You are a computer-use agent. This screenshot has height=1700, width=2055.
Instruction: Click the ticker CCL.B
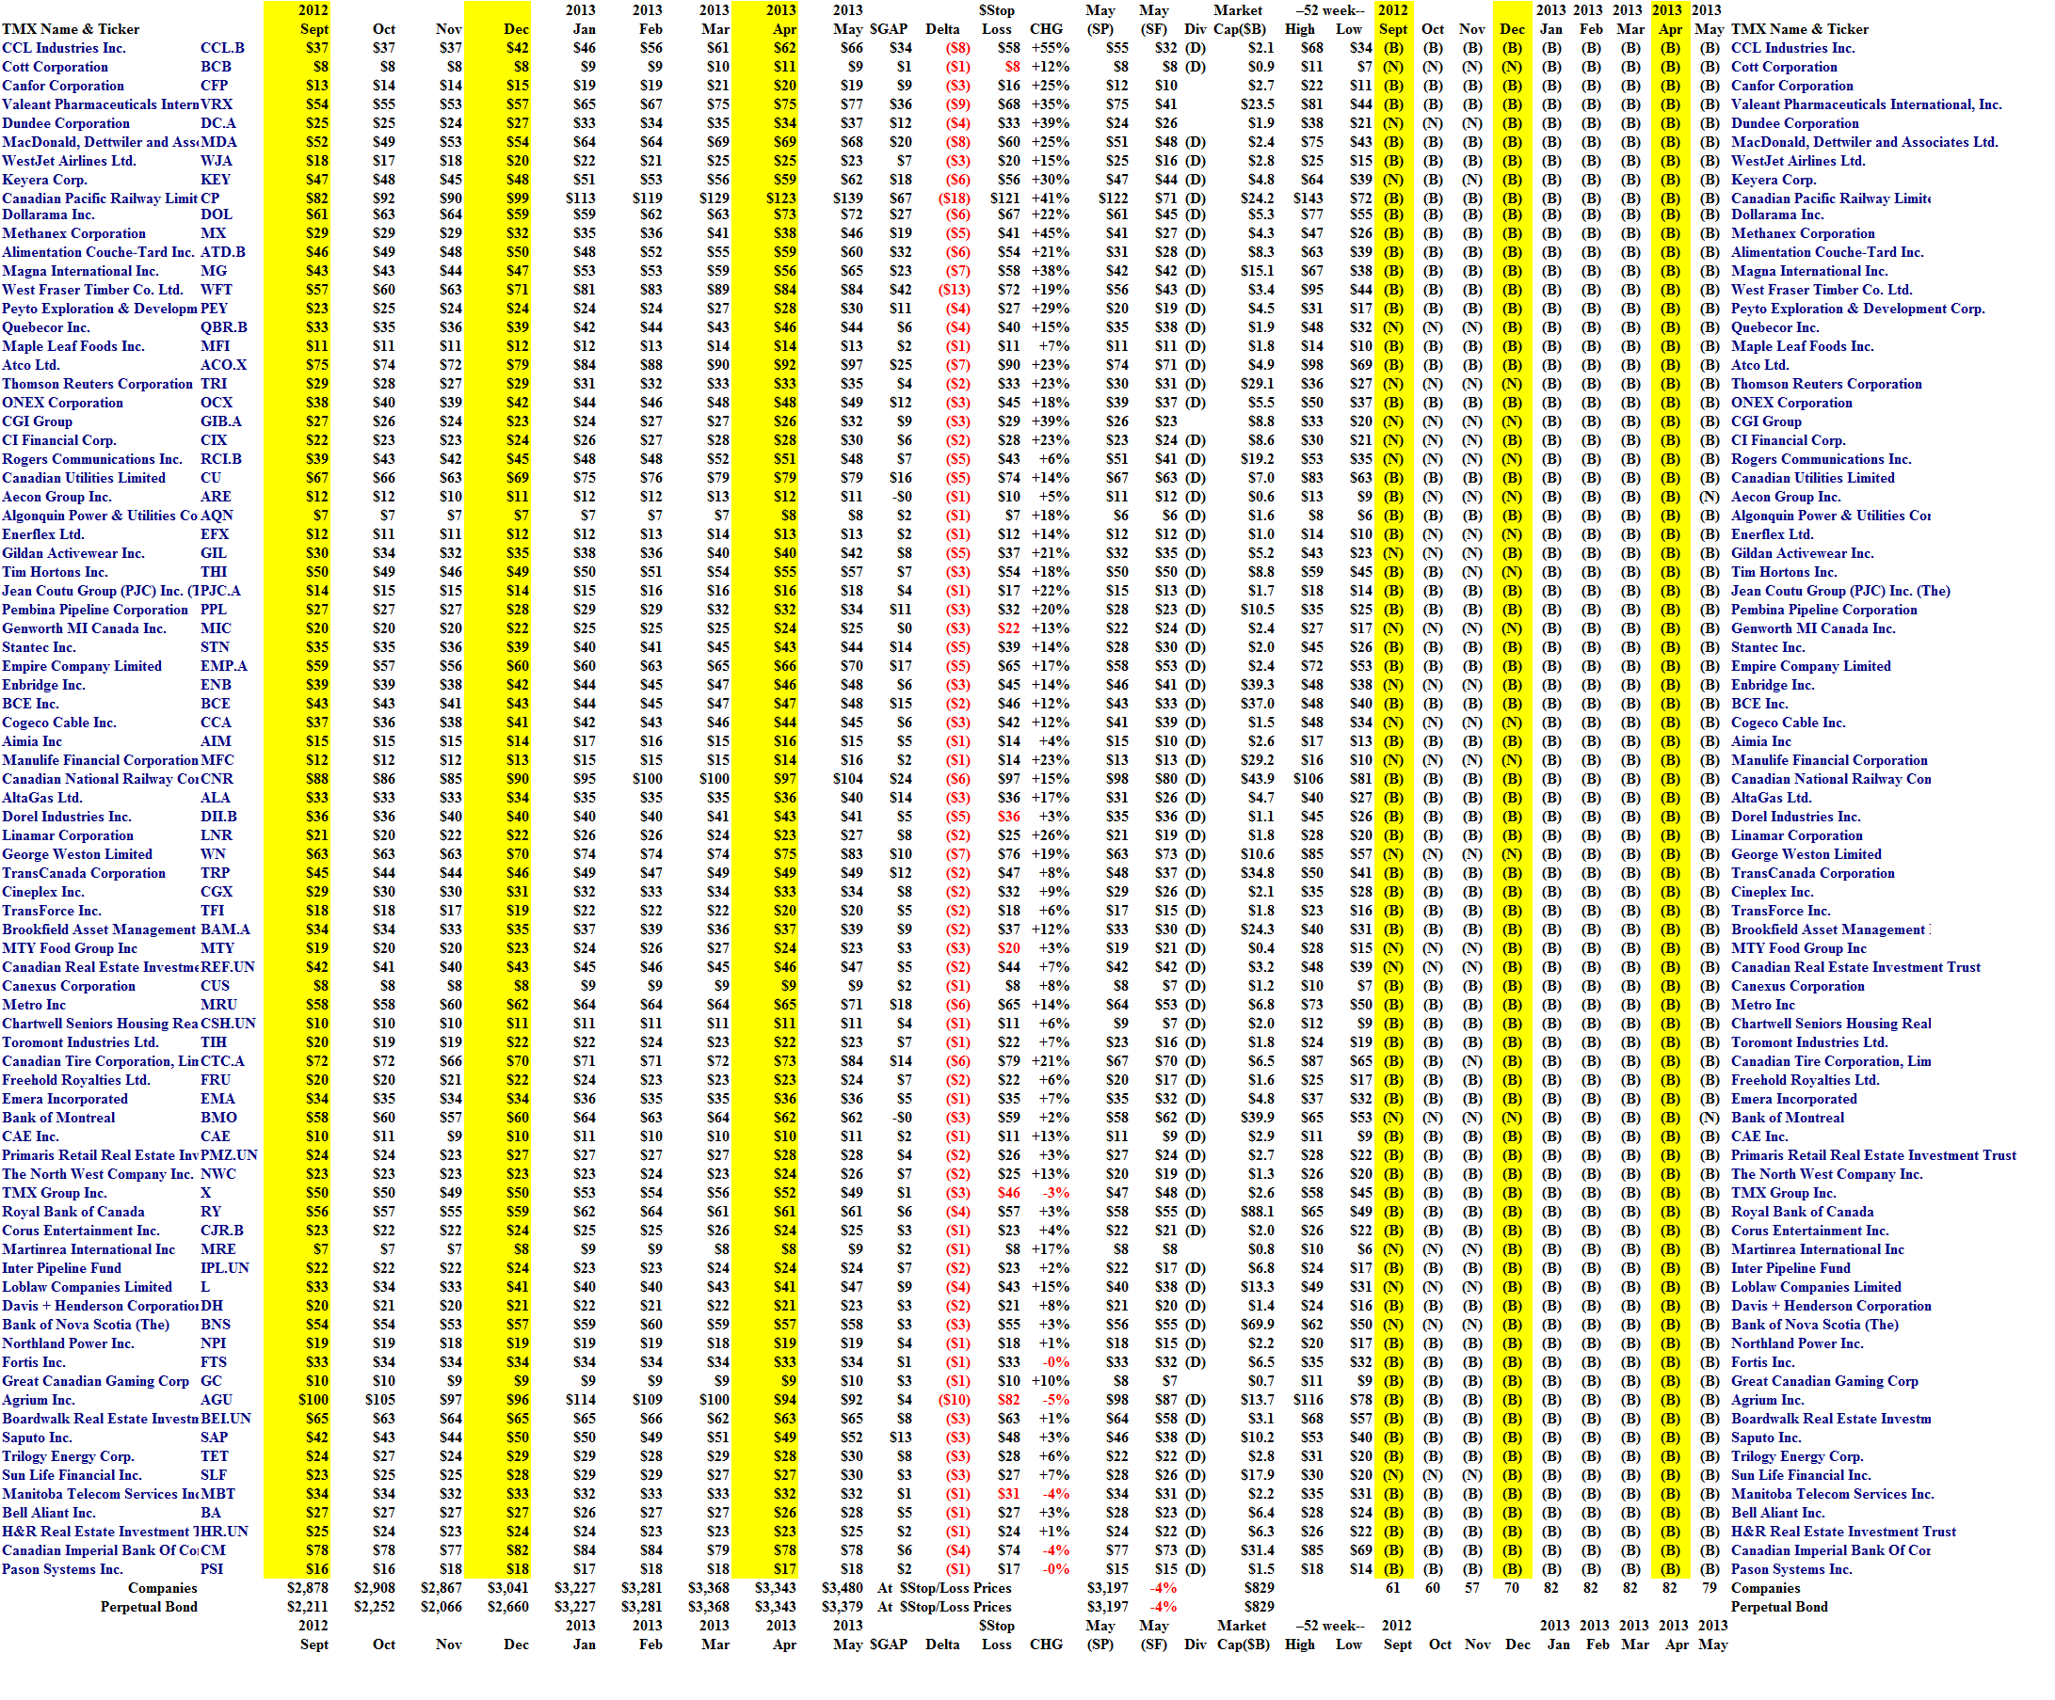222,48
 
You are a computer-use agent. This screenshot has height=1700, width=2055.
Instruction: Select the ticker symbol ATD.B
222,252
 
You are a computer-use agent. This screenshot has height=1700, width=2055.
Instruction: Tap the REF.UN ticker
227,967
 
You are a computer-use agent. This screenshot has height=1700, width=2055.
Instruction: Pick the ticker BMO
218,1118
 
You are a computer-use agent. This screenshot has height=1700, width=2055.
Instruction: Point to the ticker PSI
212,1569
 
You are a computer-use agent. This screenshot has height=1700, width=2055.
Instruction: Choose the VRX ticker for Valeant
217,104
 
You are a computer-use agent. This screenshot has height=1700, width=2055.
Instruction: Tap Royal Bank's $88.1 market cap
1258,1212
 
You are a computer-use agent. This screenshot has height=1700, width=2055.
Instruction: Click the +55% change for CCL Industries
1046,48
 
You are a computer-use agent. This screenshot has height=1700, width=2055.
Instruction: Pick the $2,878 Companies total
307,1587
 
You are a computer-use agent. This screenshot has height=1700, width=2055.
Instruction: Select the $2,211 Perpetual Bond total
307,1606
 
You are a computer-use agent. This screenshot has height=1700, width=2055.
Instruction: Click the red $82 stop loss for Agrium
1008,1400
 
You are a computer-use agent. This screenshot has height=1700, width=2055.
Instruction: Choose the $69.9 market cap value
1258,1325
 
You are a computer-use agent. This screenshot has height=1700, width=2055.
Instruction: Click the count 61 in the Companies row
1392,1587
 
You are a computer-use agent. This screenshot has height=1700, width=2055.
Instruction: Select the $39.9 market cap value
1258,1118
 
